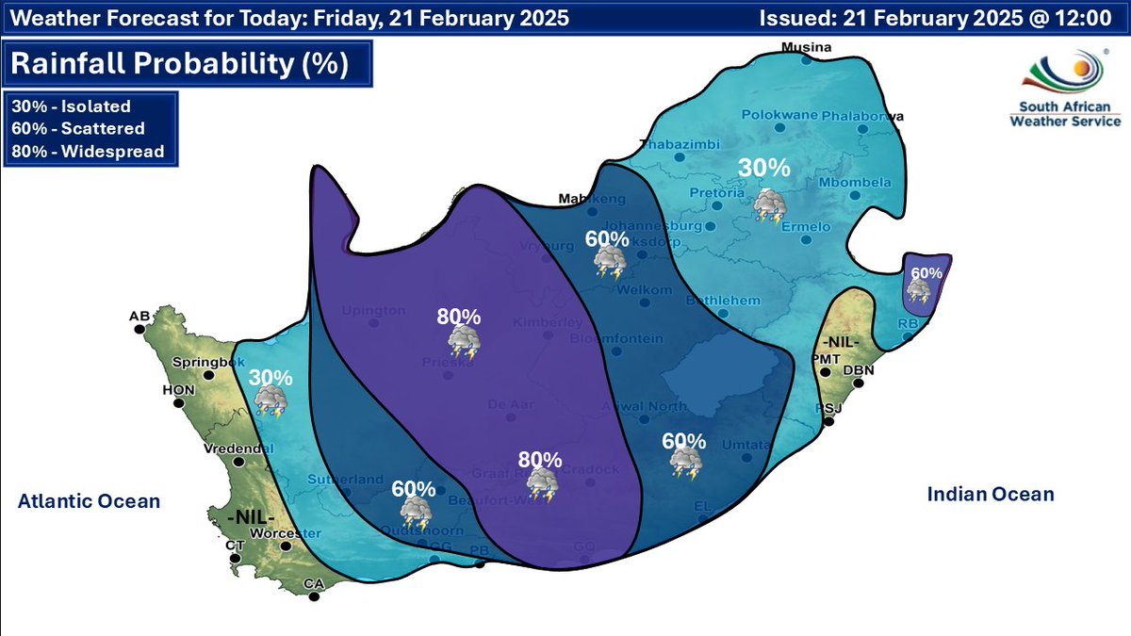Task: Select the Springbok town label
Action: click(x=202, y=362)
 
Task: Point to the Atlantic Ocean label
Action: click(x=89, y=501)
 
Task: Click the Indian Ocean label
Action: click(x=990, y=494)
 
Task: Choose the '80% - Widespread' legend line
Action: click(x=88, y=151)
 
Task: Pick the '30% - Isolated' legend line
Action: click(x=71, y=106)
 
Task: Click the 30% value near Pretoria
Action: click(x=763, y=168)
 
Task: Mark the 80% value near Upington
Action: click(x=458, y=317)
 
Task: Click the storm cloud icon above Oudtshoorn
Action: click(x=415, y=512)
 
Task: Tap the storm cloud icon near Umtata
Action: click(x=684, y=463)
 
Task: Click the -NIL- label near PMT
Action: click(x=837, y=341)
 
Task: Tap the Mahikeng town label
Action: click(x=592, y=199)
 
